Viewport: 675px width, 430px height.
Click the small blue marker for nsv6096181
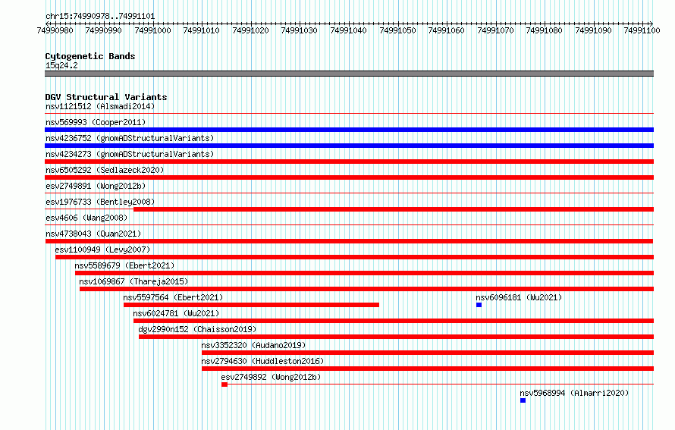click(479, 305)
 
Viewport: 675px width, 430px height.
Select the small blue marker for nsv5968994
click(523, 400)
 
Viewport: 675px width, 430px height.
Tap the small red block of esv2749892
click(224, 384)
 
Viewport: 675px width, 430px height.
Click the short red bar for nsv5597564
click(251, 305)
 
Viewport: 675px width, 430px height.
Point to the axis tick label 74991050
click(397, 30)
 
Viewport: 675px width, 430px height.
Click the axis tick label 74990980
click(55, 30)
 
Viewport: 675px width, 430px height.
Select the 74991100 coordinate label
click(642, 30)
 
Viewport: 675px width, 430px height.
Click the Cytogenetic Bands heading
click(90, 56)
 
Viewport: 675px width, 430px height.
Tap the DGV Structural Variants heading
click(106, 97)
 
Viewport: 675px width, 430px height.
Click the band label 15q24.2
click(61, 65)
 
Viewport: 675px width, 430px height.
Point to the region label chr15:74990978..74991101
click(100, 17)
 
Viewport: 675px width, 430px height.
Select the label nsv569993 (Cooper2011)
click(96, 122)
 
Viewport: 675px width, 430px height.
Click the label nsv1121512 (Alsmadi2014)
click(100, 106)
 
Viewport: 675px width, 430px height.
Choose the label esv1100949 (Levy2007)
click(102, 250)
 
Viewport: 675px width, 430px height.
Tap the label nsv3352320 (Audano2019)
click(253, 345)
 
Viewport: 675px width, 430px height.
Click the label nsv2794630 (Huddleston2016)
click(262, 361)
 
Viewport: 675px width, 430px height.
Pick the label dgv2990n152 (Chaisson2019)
click(197, 329)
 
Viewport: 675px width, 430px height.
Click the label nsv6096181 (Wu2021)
click(519, 297)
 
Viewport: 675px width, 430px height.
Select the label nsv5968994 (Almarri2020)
click(574, 393)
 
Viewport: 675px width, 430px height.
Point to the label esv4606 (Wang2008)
click(86, 218)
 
